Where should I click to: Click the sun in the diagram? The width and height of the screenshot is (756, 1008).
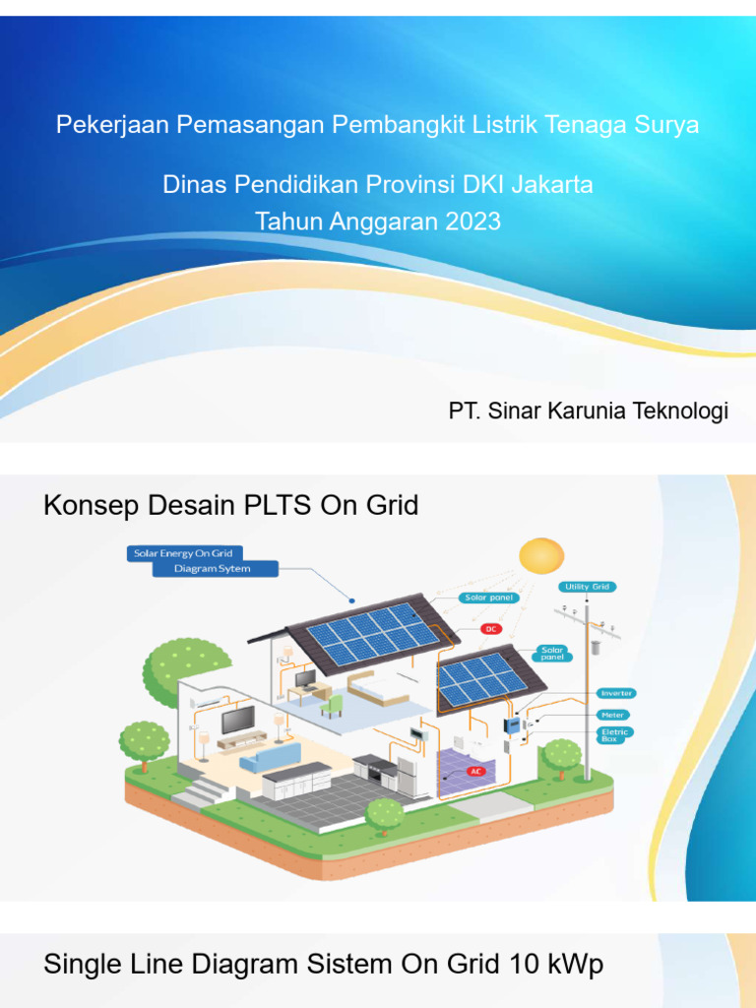540,556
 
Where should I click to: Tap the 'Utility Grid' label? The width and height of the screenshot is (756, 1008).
588,587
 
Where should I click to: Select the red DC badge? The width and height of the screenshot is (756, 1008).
490,628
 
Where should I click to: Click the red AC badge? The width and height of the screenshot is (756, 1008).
476,771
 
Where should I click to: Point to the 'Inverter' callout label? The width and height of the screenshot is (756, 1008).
615,693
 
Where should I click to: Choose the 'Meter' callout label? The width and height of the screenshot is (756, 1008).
612,715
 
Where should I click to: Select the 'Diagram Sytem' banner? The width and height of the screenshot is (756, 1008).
215,569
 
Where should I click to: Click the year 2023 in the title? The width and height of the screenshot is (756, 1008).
472,221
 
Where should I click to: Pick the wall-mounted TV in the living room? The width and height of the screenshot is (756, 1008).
237,720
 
